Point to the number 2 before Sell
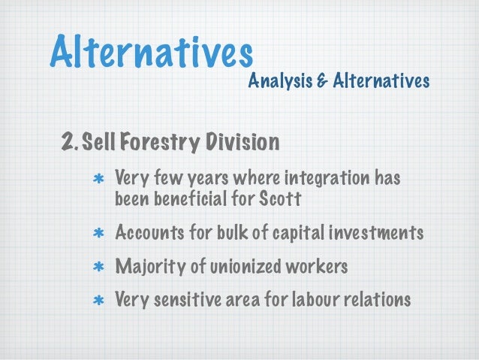(x=68, y=141)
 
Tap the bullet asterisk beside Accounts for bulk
(x=98, y=234)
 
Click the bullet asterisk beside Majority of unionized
(x=98, y=268)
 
